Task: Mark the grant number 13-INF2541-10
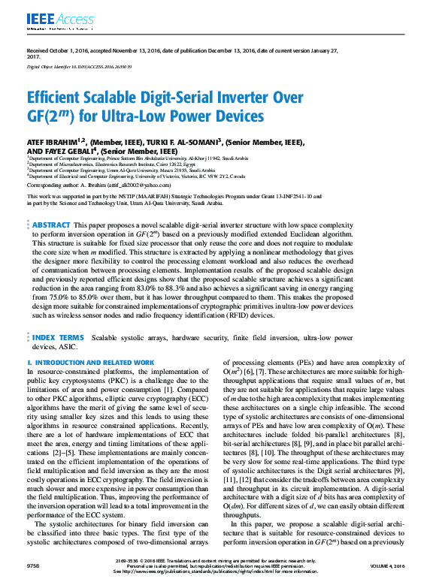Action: tap(292, 196)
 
